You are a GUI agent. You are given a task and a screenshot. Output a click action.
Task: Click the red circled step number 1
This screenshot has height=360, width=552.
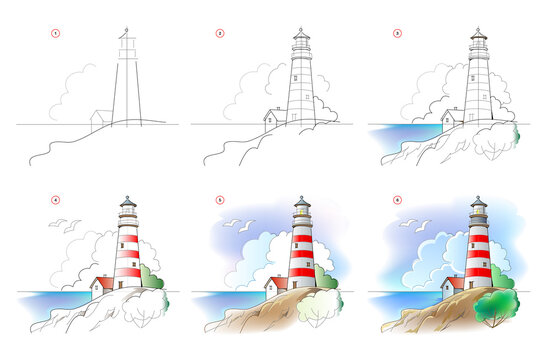(57, 33)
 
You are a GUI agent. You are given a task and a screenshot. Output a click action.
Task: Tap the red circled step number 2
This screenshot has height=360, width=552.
(219, 33)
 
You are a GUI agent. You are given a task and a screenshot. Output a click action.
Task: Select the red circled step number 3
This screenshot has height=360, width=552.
(397, 33)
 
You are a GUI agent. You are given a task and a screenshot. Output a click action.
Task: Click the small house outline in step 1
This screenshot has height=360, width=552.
(99, 118)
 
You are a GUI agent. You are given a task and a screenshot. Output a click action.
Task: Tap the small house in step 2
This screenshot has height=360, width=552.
(272, 118)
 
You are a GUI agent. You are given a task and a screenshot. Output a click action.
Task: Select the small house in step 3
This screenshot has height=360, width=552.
(451, 117)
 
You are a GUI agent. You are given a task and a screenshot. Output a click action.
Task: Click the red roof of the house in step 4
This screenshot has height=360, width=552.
(101, 281)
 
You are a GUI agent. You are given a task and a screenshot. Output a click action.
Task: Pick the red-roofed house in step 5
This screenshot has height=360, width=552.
(276, 285)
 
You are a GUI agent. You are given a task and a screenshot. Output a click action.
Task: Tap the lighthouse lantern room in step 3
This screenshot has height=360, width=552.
(479, 45)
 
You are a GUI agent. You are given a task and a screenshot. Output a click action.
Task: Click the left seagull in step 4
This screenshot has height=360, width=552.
(57, 223)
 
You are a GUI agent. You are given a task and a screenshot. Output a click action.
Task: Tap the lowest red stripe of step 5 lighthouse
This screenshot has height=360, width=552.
(302, 273)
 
